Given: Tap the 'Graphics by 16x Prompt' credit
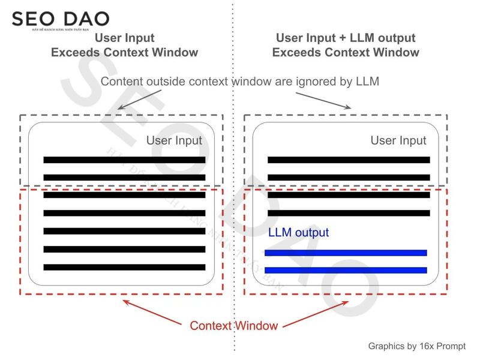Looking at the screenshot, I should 416,346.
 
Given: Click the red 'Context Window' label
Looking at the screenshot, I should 233,326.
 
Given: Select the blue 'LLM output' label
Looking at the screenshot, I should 298,232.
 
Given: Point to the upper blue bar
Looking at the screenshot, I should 346,253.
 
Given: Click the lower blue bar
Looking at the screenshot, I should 346,270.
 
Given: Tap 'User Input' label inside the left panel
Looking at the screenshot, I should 174,140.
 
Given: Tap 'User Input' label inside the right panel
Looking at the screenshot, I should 398,140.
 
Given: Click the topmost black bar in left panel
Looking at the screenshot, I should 124,160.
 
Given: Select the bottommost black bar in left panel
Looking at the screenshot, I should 124,267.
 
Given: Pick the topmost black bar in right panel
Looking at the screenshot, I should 349,160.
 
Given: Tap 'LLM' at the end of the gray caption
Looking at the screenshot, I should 366,82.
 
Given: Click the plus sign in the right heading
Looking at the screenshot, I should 341,38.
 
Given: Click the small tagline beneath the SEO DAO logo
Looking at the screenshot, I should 60,29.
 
